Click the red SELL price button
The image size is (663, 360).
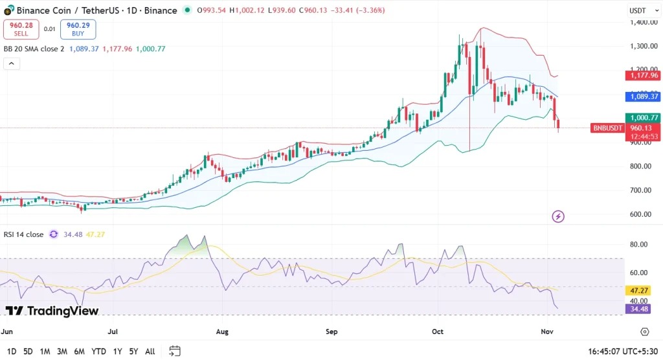point(21,29)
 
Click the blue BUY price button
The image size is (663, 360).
point(78,29)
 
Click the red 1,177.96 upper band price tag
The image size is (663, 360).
point(642,75)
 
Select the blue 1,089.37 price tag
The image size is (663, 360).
point(642,96)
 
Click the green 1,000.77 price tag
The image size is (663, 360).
point(642,118)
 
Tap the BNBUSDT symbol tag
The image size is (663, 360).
point(608,128)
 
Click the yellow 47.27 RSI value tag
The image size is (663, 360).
point(642,291)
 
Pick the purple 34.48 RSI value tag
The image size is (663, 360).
point(642,309)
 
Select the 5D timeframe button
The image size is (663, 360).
point(28,352)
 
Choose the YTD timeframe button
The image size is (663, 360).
point(98,352)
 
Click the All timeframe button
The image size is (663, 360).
point(150,352)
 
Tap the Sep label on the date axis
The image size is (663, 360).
point(331,332)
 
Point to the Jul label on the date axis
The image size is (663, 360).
point(113,332)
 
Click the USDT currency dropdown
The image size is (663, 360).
point(640,10)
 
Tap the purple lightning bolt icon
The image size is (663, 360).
point(557,216)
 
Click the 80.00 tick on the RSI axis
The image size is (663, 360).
point(638,245)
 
